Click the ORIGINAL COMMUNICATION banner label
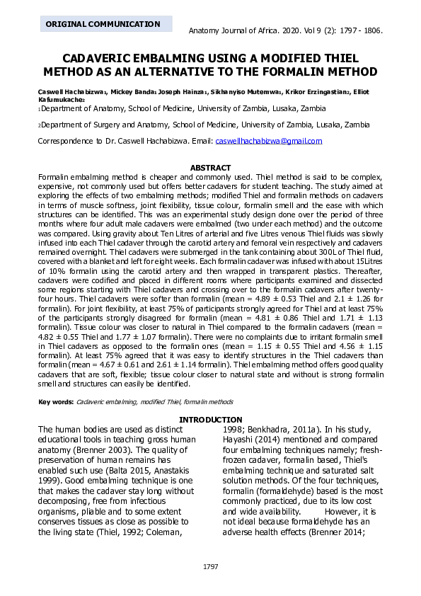click(x=103, y=24)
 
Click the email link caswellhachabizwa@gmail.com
click(x=269, y=141)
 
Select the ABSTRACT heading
click(x=211, y=168)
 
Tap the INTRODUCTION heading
click(x=210, y=420)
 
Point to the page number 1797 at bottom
click(x=210, y=567)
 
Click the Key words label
click(x=55, y=402)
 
